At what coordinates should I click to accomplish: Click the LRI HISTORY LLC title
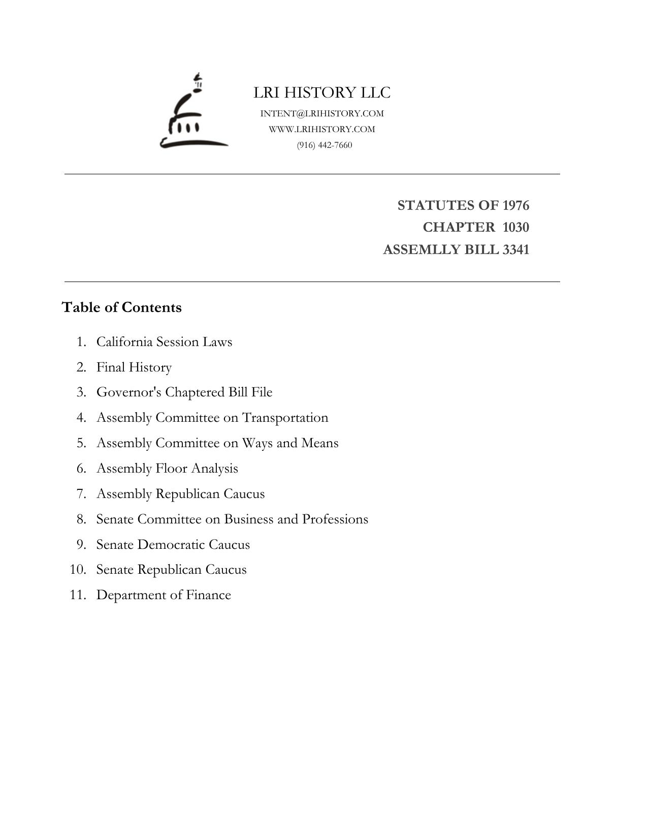322,92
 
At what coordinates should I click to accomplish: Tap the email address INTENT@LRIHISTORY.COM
322,113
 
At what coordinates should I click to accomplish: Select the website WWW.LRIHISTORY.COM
322,129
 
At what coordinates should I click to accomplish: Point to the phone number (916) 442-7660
325,145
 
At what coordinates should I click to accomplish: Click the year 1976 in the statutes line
515,205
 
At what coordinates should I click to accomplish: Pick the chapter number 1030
515,227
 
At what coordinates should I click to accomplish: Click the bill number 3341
515,250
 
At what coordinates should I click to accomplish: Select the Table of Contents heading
121,307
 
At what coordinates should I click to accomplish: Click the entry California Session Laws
164,341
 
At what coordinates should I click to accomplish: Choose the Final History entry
134,367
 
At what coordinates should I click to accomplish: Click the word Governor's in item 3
129,392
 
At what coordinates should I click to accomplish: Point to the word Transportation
285,418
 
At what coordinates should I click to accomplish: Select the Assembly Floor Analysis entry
167,469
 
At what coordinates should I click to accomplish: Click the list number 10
78,570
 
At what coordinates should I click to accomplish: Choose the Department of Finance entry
164,595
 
